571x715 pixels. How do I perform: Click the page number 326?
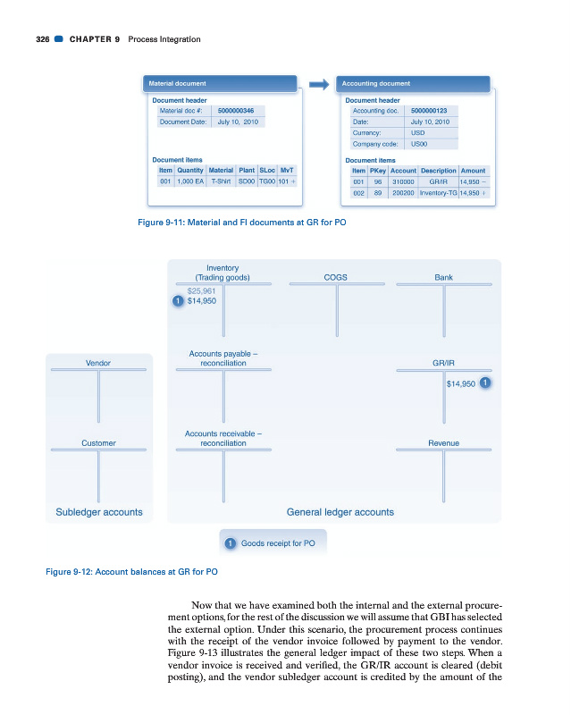tap(34, 39)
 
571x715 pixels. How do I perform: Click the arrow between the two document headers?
tap(319, 84)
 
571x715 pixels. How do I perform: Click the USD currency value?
tap(417, 132)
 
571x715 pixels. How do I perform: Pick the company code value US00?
tap(418, 143)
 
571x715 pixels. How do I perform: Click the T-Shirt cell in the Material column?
tap(221, 181)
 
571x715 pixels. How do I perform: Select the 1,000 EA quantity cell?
tap(190, 181)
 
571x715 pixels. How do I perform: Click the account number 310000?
tap(403, 181)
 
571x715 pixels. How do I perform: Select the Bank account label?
tap(443, 278)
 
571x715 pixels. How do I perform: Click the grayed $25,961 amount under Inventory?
tap(201, 290)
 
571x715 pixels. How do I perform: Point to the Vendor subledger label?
tap(98, 364)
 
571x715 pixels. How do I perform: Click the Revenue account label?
tap(443, 442)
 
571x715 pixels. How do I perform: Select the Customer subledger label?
tap(98, 442)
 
